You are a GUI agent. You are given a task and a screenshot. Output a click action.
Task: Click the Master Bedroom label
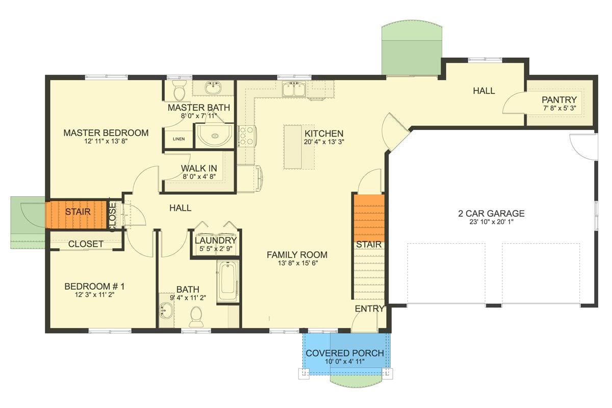click(x=106, y=133)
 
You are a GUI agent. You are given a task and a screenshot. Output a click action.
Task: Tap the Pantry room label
click(x=559, y=100)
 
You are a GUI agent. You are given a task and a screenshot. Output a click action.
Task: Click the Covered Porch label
click(x=345, y=353)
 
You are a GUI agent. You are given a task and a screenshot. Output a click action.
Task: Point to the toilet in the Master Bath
click(x=179, y=91)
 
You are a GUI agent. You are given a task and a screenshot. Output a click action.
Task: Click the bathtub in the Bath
click(x=227, y=282)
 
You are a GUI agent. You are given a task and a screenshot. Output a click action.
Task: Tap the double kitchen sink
click(x=294, y=90)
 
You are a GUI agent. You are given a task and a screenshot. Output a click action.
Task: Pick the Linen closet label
click(x=178, y=139)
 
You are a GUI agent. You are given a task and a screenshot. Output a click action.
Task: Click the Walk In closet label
click(x=199, y=168)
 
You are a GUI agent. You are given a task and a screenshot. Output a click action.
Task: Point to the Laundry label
click(x=216, y=240)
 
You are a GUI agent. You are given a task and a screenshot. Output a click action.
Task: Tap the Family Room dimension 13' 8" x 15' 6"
click(x=297, y=264)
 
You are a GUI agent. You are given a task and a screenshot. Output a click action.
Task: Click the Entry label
click(x=370, y=309)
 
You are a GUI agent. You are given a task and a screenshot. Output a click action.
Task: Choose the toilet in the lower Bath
click(x=196, y=316)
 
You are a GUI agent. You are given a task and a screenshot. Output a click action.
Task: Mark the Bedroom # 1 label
click(x=94, y=287)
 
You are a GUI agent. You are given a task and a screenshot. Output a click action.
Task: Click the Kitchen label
click(x=324, y=134)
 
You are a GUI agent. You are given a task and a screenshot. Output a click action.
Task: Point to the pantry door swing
click(x=514, y=104)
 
